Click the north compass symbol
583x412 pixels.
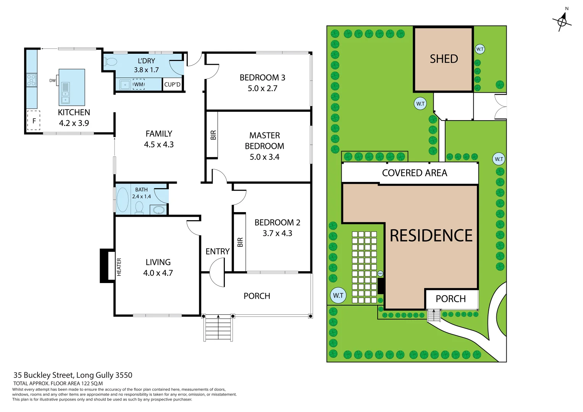click(x=562, y=21)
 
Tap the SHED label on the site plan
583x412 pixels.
click(x=444, y=59)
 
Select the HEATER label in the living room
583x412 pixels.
click(x=119, y=267)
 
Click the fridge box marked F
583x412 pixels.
click(x=34, y=121)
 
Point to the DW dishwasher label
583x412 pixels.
click(x=52, y=80)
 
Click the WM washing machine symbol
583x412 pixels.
click(x=139, y=84)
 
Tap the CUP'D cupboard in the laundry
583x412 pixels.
click(x=172, y=84)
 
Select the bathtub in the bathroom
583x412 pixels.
click(x=123, y=200)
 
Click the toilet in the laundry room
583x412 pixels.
click(x=110, y=62)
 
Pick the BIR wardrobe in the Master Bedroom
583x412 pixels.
click(x=213, y=135)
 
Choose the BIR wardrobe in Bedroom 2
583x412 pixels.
click(x=240, y=242)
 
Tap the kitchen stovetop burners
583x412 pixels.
click(x=31, y=80)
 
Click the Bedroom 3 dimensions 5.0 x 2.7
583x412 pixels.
click(x=262, y=89)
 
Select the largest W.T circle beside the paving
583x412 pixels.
click(x=338, y=295)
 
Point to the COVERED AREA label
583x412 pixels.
click(x=414, y=173)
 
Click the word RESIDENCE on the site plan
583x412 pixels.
click(x=431, y=236)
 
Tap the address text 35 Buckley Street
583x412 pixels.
click(x=73, y=375)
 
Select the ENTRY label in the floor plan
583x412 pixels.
click(x=217, y=251)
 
